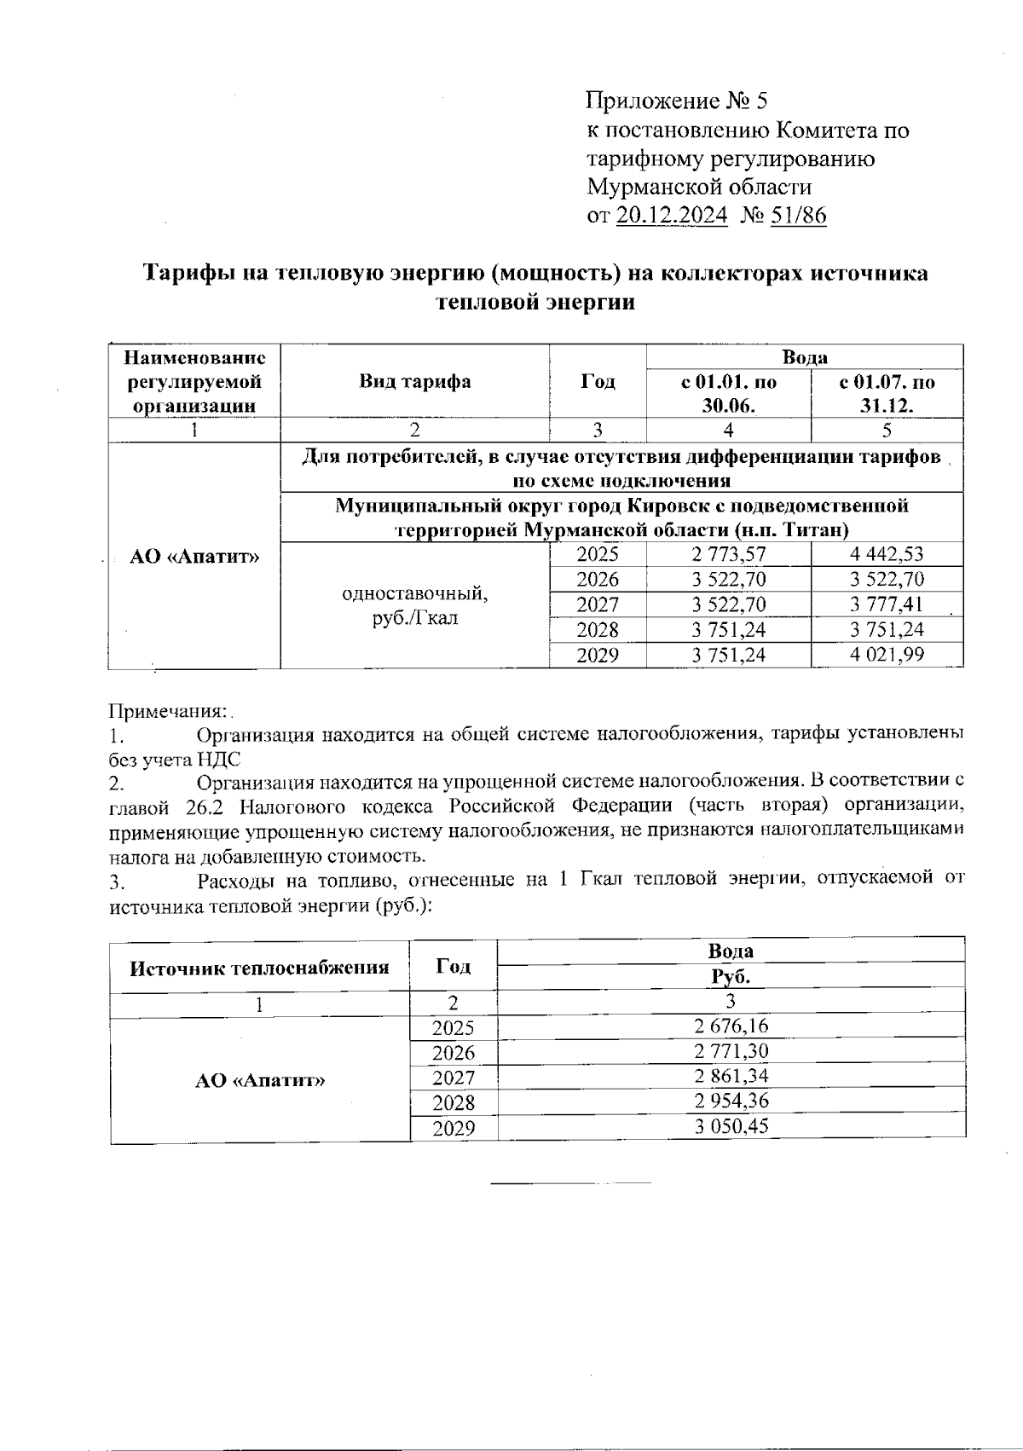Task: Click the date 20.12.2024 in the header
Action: (x=671, y=216)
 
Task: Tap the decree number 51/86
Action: (x=798, y=216)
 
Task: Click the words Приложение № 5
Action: (x=677, y=101)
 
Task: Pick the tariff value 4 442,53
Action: (x=887, y=554)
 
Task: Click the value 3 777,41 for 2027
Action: (x=887, y=604)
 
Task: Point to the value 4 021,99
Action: (x=887, y=655)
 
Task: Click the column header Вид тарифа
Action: (x=414, y=381)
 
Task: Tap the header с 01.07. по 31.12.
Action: (x=887, y=393)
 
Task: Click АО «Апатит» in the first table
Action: (x=194, y=557)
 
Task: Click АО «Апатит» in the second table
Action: (x=260, y=1080)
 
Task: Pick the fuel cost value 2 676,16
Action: (x=731, y=1026)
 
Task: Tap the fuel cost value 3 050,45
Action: (x=731, y=1127)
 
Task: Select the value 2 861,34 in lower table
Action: (x=731, y=1076)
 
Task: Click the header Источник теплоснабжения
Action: (x=259, y=968)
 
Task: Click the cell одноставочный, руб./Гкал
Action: (x=414, y=604)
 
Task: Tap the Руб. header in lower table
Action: (x=731, y=977)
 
